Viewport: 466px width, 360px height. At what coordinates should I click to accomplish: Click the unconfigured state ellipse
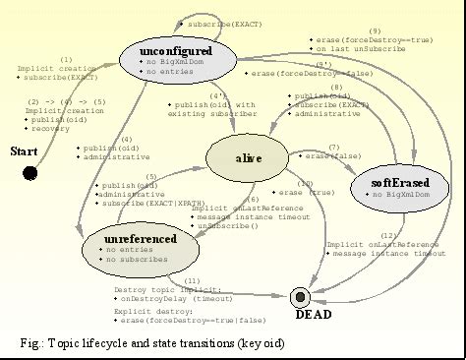[x=177, y=56]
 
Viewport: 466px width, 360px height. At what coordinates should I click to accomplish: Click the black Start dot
[x=30, y=173]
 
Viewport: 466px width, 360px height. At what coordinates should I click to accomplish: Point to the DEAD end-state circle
[x=301, y=296]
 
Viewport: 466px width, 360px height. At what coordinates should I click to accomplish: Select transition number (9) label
[x=375, y=30]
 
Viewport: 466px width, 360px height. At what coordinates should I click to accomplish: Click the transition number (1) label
[x=66, y=59]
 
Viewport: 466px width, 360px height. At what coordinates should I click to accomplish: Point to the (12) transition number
[x=388, y=234]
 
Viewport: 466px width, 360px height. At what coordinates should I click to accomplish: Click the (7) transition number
[x=334, y=147]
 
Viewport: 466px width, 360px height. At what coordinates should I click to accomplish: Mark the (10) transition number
[x=306, y=183]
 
